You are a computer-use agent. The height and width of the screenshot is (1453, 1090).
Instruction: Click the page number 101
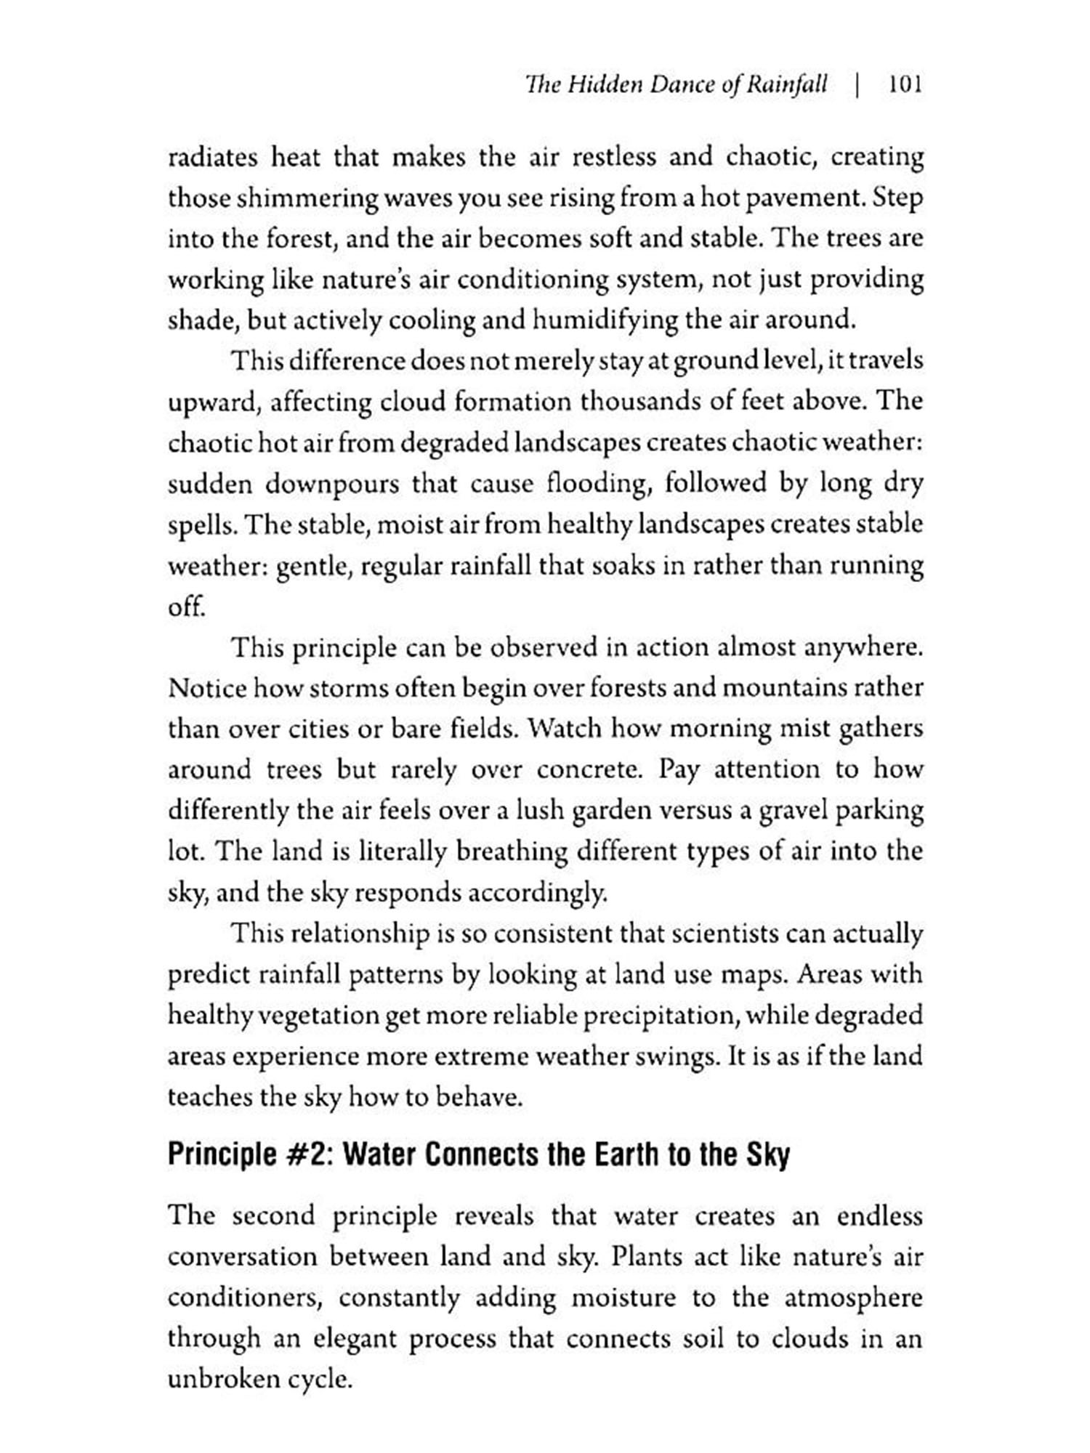(x=905, y=85)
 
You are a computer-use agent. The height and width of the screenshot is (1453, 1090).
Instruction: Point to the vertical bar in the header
(x=858, y=85)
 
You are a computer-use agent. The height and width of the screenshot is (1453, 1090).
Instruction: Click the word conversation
(x=240, y=1257)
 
